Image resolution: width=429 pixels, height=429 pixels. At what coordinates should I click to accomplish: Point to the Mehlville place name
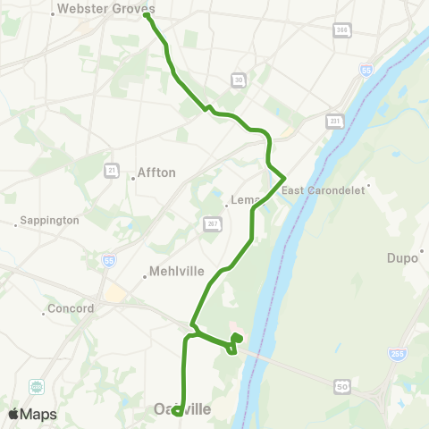click(x=177, y=271)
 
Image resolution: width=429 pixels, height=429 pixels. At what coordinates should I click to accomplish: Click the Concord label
click(x=72, y=309)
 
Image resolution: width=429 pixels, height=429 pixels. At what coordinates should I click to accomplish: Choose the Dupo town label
click(x=402, y=258)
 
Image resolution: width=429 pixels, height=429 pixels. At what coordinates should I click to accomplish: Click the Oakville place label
click(x=182, y=408)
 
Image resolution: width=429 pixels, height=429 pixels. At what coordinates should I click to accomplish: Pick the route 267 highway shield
click(x=211, y=223)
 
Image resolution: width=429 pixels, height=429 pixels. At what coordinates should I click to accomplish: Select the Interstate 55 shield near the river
click(x=366, y=70)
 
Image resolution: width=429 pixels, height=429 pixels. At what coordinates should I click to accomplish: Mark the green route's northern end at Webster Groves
click(x=146, y=15)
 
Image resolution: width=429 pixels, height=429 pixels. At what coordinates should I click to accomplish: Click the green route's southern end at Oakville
click(x=178, y=411)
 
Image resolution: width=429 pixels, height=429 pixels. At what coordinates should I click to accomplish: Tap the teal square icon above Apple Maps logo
click(x=38, y=387)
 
